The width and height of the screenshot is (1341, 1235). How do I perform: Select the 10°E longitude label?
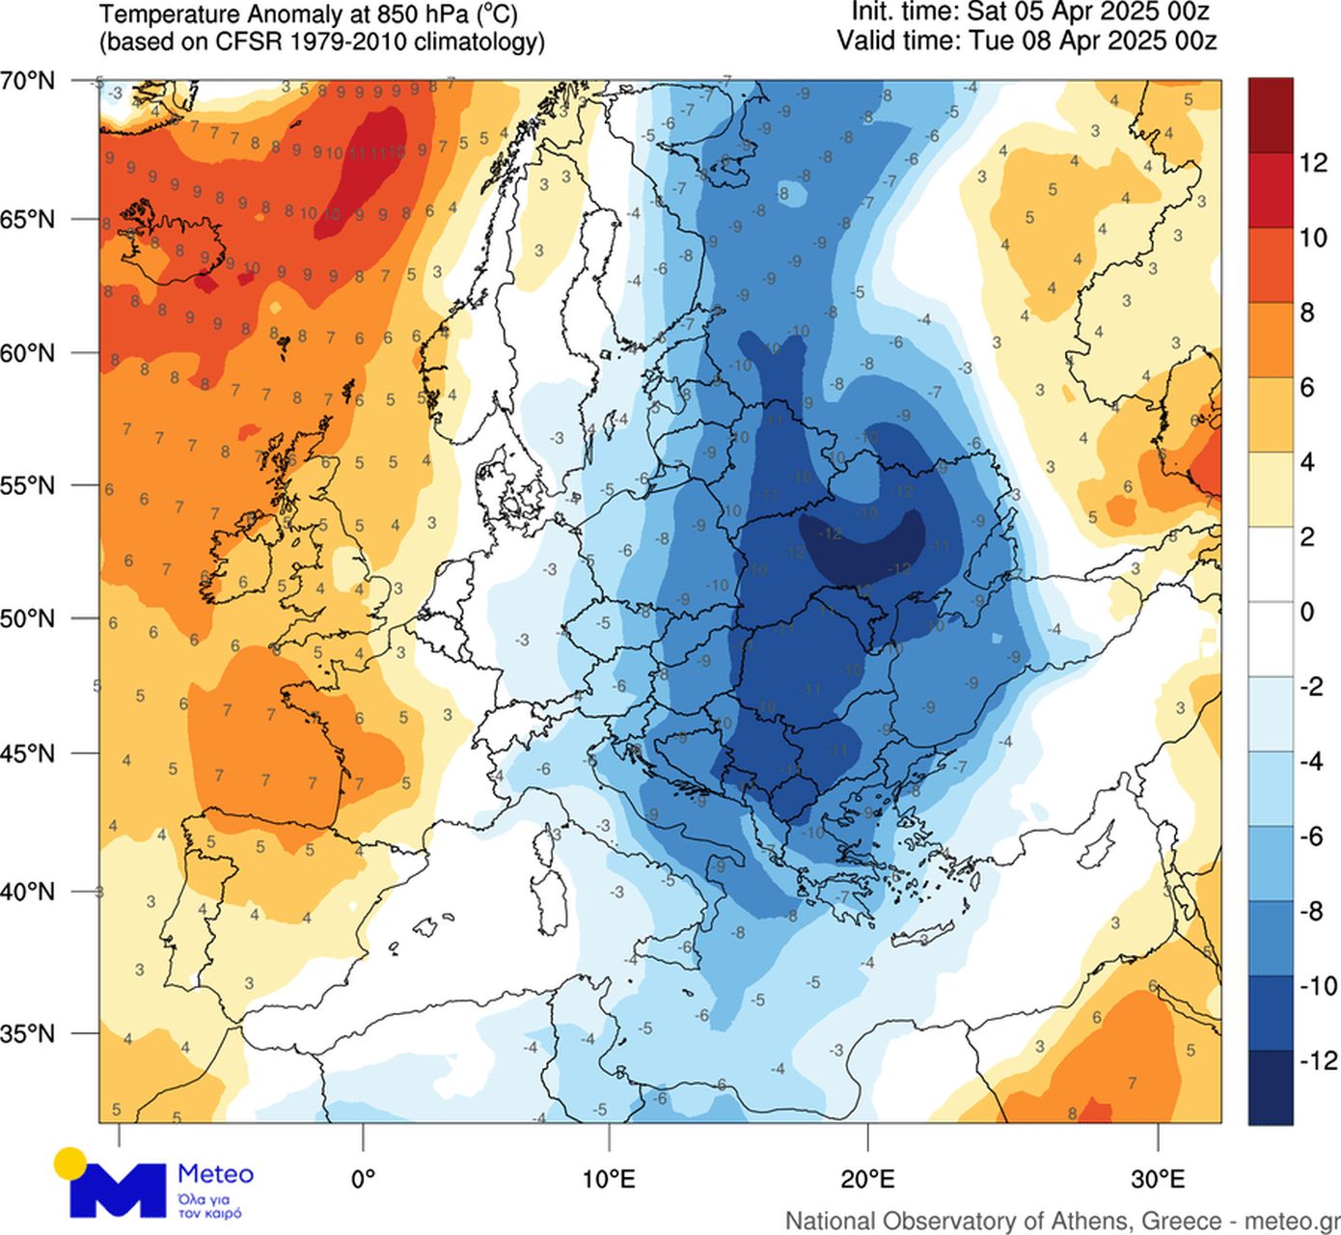click(x=609, y=1178)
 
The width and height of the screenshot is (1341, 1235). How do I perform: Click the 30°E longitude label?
click(x=1158, y=1178)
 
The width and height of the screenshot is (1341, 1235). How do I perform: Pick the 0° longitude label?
click(x=363, y=1178)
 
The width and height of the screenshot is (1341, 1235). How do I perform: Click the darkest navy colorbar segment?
click(x=1270, y=1087)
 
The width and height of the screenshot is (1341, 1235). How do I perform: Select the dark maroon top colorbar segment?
click(x=1270, y=115)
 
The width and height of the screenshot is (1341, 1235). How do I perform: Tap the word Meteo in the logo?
click(x=215, y=1174)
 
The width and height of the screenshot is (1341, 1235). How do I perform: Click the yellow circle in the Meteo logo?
click(x=70, y=1163)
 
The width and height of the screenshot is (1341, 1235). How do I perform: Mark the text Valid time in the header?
click(x=895, y=41)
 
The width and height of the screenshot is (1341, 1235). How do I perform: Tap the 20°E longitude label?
click(x=868, y=1178)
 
